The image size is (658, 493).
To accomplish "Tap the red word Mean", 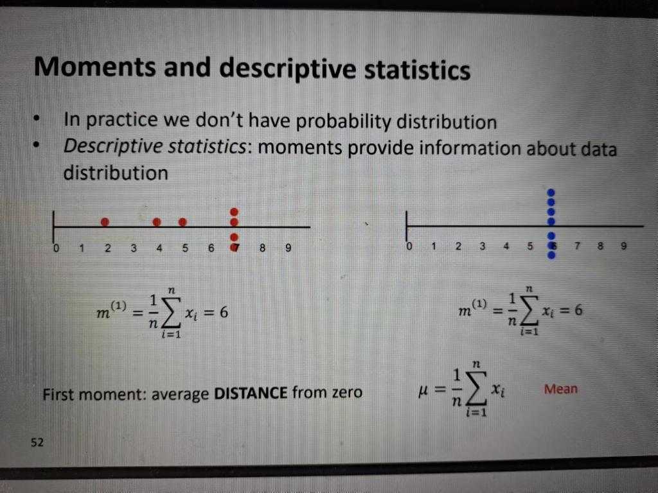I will click(x=560, y=389).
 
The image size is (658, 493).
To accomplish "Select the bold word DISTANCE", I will click(x=250, y=392).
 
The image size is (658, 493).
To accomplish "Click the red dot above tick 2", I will click(x=105, y=222).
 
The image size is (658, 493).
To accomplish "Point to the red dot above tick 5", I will click(x=183, y=222).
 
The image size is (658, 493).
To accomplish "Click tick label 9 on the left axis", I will click(x=288, y=248).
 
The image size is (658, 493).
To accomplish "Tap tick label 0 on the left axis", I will click(x=56, y=248).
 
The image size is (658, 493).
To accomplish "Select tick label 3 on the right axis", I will click(x=482, y=246).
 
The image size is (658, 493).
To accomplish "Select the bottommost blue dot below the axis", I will click(x=551, y=255).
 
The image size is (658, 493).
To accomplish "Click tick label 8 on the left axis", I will click(x=262, y=248).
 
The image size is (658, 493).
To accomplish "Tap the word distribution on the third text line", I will click(x=115, y=173).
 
